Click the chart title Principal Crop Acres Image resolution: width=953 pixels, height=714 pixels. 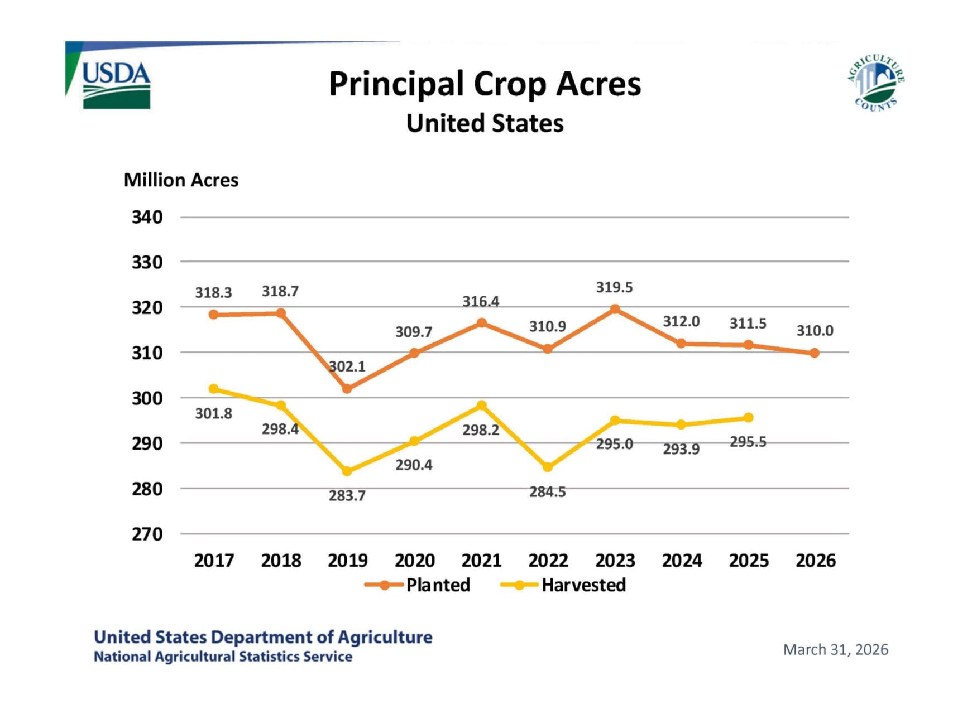click(485, 84)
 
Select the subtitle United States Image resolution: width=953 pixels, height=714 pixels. click(485, 123)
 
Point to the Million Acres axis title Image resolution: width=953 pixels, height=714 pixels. click(181, 180)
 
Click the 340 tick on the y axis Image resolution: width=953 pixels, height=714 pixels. click(147, 217)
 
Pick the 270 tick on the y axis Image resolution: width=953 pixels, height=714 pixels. click(147, 534)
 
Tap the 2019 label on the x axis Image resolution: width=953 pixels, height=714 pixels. click(347, 560)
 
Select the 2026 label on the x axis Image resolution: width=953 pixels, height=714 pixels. click(815, 560)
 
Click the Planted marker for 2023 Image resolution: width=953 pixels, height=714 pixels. click(615, 309)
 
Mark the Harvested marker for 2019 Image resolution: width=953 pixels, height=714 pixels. click(347, 471)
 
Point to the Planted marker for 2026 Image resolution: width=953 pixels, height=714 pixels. click(815, 353)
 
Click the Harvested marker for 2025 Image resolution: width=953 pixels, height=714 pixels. click(748, 418)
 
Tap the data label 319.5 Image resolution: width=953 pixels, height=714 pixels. click(614, 287)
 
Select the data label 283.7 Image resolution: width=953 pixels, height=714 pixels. click(347, 495)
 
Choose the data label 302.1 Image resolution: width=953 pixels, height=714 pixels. click(347, 366)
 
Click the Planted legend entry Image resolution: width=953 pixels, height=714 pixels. click(419, 585)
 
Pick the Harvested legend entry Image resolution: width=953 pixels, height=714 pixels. click(564, 585)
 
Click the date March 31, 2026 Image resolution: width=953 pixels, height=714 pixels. click(835, 649)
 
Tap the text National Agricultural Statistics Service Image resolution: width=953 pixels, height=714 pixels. click(223, 657)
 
